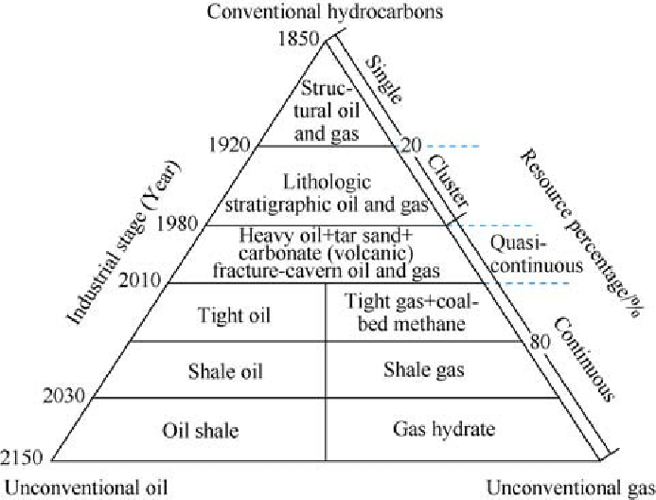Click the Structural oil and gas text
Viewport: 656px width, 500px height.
[325, 111]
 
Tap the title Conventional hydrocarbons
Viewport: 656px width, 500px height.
[327, 13]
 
